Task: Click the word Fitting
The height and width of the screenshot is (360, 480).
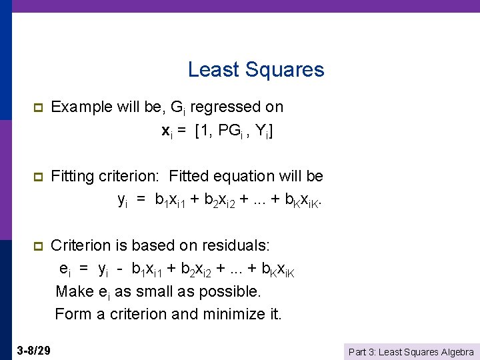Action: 75,176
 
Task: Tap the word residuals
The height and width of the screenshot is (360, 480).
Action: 234,245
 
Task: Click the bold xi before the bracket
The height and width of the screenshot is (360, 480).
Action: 167,132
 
